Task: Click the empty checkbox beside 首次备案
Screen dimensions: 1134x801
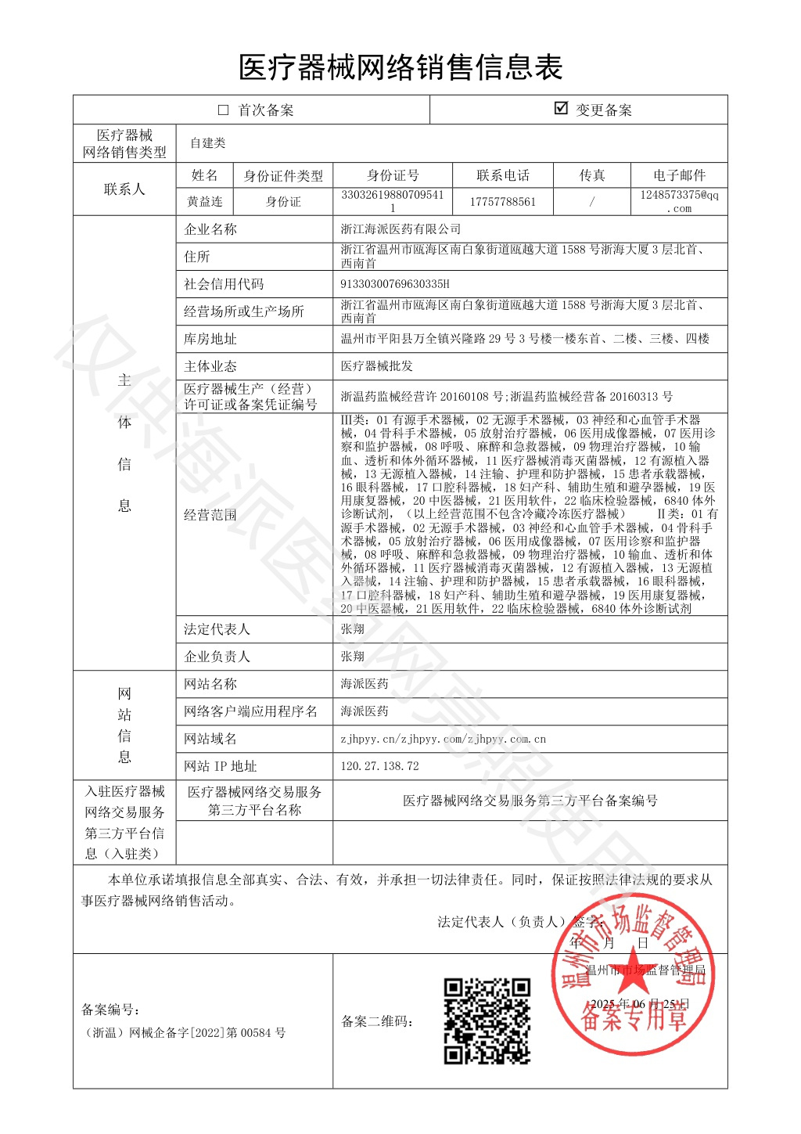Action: (223, 110)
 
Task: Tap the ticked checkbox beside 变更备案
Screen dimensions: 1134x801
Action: (561, 109)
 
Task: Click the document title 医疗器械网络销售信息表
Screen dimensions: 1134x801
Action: (400, 67)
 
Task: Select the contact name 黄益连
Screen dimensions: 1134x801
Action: (205, 201)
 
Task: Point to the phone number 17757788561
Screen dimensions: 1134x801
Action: (502, 201)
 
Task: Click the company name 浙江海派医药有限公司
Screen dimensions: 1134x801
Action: (400, 229)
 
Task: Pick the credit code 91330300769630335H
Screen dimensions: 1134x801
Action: (395, 284)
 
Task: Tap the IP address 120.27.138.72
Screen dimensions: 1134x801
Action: (379, 765)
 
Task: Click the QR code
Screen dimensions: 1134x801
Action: (487, 1021)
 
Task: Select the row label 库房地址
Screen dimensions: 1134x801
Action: (210, 339)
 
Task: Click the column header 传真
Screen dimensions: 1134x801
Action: (592, 175)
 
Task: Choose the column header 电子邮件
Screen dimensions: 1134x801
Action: (679, 175)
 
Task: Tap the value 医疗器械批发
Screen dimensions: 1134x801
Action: (376, 365)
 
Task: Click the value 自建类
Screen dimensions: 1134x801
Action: (207, 142)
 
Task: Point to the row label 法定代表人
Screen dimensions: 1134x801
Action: (217, 629)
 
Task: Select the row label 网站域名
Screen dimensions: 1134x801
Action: (210, 739)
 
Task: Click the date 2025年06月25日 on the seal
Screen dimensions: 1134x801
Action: (639, 1003)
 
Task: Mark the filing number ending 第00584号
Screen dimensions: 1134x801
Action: (184, 1033)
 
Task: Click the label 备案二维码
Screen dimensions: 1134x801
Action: (377, 1021)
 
